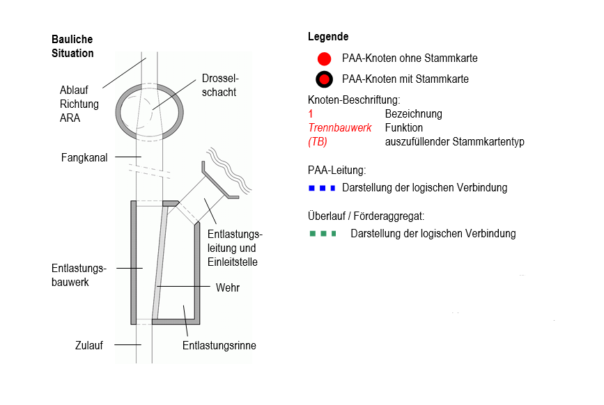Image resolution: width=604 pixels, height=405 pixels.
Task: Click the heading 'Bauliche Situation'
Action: (72, 46)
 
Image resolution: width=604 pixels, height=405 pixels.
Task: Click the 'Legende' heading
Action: (327, 36)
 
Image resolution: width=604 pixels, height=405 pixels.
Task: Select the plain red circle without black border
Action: (324, 58)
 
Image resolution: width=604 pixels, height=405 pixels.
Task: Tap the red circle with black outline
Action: (324, 79)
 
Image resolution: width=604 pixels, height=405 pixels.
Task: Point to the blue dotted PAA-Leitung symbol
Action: (323, 188)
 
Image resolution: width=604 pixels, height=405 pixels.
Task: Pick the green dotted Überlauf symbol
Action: (323, 234)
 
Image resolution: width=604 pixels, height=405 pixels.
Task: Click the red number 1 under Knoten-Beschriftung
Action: (310, 114)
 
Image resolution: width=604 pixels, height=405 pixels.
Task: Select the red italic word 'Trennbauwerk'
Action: (340, 128)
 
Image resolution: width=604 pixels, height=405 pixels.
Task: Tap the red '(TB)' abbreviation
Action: (318, 142)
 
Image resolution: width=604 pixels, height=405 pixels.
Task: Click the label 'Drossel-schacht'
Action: (219, 85)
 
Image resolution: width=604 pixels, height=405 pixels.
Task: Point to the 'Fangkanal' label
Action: (84, 158)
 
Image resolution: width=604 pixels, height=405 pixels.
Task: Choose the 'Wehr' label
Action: (227, 287)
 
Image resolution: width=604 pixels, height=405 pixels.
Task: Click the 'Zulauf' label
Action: (89, 344)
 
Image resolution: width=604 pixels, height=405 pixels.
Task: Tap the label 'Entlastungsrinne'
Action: (219, 345)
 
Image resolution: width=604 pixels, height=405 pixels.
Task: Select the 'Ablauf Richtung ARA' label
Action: (79, 104)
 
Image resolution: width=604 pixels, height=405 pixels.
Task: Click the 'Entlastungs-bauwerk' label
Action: (78, 275)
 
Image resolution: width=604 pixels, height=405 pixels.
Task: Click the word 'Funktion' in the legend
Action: (403, 128)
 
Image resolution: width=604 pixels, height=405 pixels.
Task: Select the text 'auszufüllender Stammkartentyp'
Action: (454, 142)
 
